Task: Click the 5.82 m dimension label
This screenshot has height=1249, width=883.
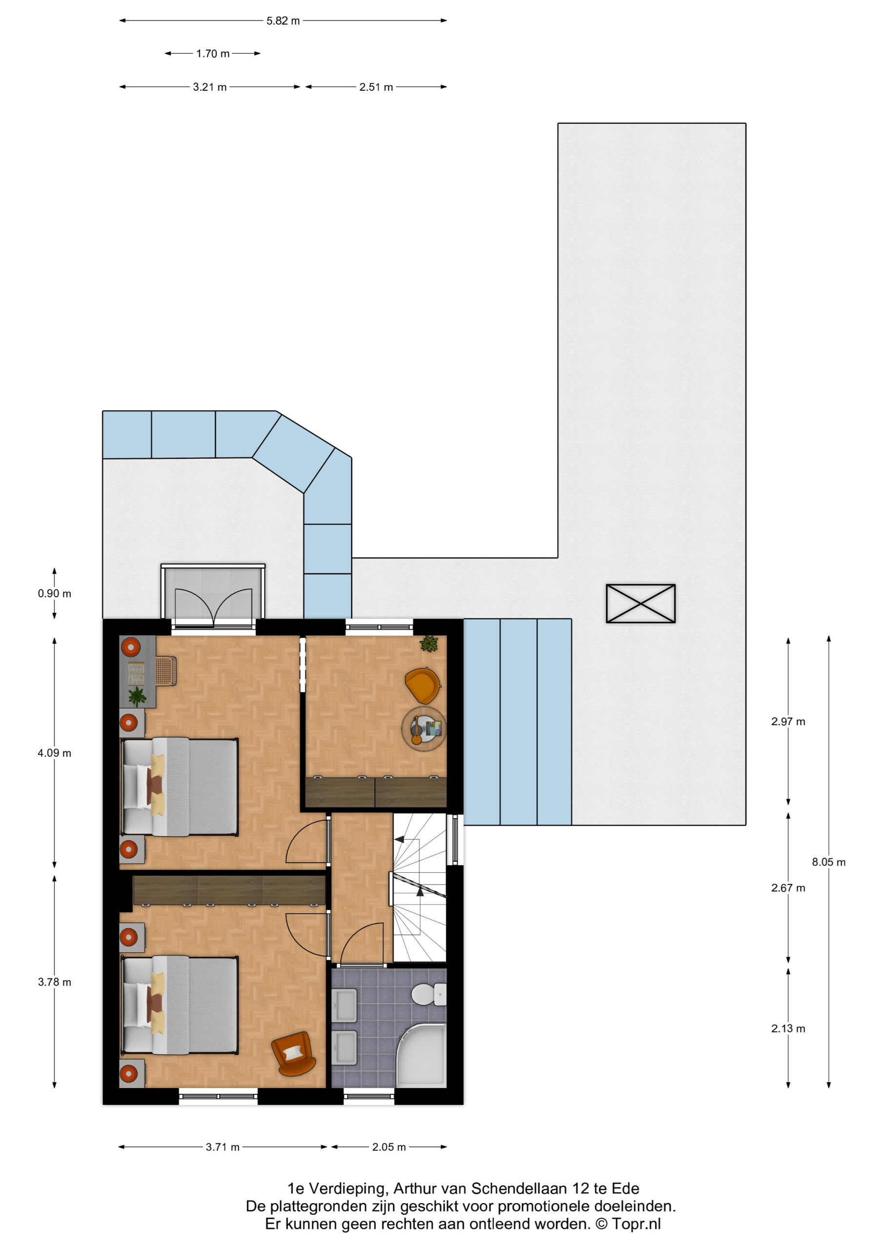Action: point(283,20)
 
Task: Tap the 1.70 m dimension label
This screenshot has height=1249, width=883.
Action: point(213,53)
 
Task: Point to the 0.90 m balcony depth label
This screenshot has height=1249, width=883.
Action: point(55,593)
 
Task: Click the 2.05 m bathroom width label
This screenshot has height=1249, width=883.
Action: point(389,1147)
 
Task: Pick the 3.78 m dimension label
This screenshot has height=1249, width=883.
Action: point(55,982)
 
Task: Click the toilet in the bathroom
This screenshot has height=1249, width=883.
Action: point(429,994)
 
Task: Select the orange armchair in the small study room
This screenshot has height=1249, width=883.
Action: point(423,685)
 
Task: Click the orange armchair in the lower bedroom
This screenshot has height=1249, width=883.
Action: point(294,1053)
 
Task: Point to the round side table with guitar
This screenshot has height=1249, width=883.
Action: point(424,729)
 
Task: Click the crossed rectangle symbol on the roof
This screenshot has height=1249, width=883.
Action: point(641,604)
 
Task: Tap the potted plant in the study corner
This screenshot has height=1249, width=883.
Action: point(429,644)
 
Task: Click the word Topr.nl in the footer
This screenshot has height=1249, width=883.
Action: point(637,1224)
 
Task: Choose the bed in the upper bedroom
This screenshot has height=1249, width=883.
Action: point(179,786)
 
